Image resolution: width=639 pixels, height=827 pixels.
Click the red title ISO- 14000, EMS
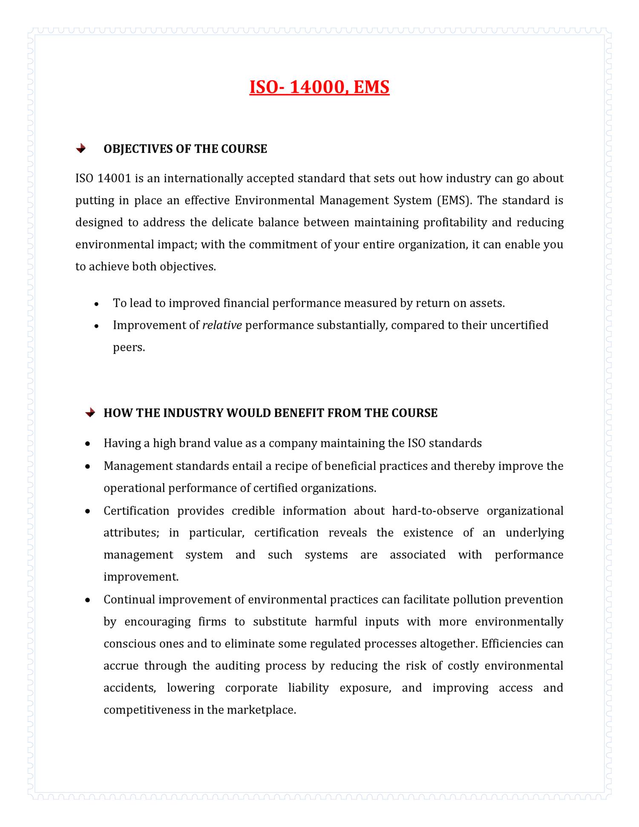tap(319, 87)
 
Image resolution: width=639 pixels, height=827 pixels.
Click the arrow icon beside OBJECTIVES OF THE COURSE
tap(81, 149)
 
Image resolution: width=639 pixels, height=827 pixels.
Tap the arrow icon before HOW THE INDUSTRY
tap(90, 412)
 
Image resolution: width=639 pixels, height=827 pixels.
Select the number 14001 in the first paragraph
tap(114, 178)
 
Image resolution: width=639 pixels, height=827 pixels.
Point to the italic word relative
tap(222, 325)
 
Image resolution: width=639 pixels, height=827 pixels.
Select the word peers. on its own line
tap(129, 347)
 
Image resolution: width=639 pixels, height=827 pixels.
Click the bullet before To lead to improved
tap(97, 304)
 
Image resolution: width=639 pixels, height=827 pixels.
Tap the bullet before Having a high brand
tap(88, 444)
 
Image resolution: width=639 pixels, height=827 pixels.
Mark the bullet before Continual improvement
tap(88, 600)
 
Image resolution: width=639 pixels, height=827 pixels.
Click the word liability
tap(308, 688)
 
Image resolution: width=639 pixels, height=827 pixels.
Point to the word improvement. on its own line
tap(141, 577)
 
